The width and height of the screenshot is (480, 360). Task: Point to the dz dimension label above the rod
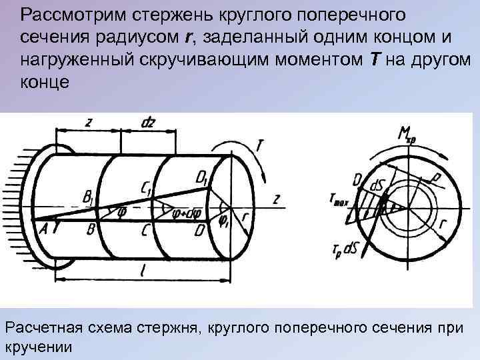[x=148, y=122]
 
